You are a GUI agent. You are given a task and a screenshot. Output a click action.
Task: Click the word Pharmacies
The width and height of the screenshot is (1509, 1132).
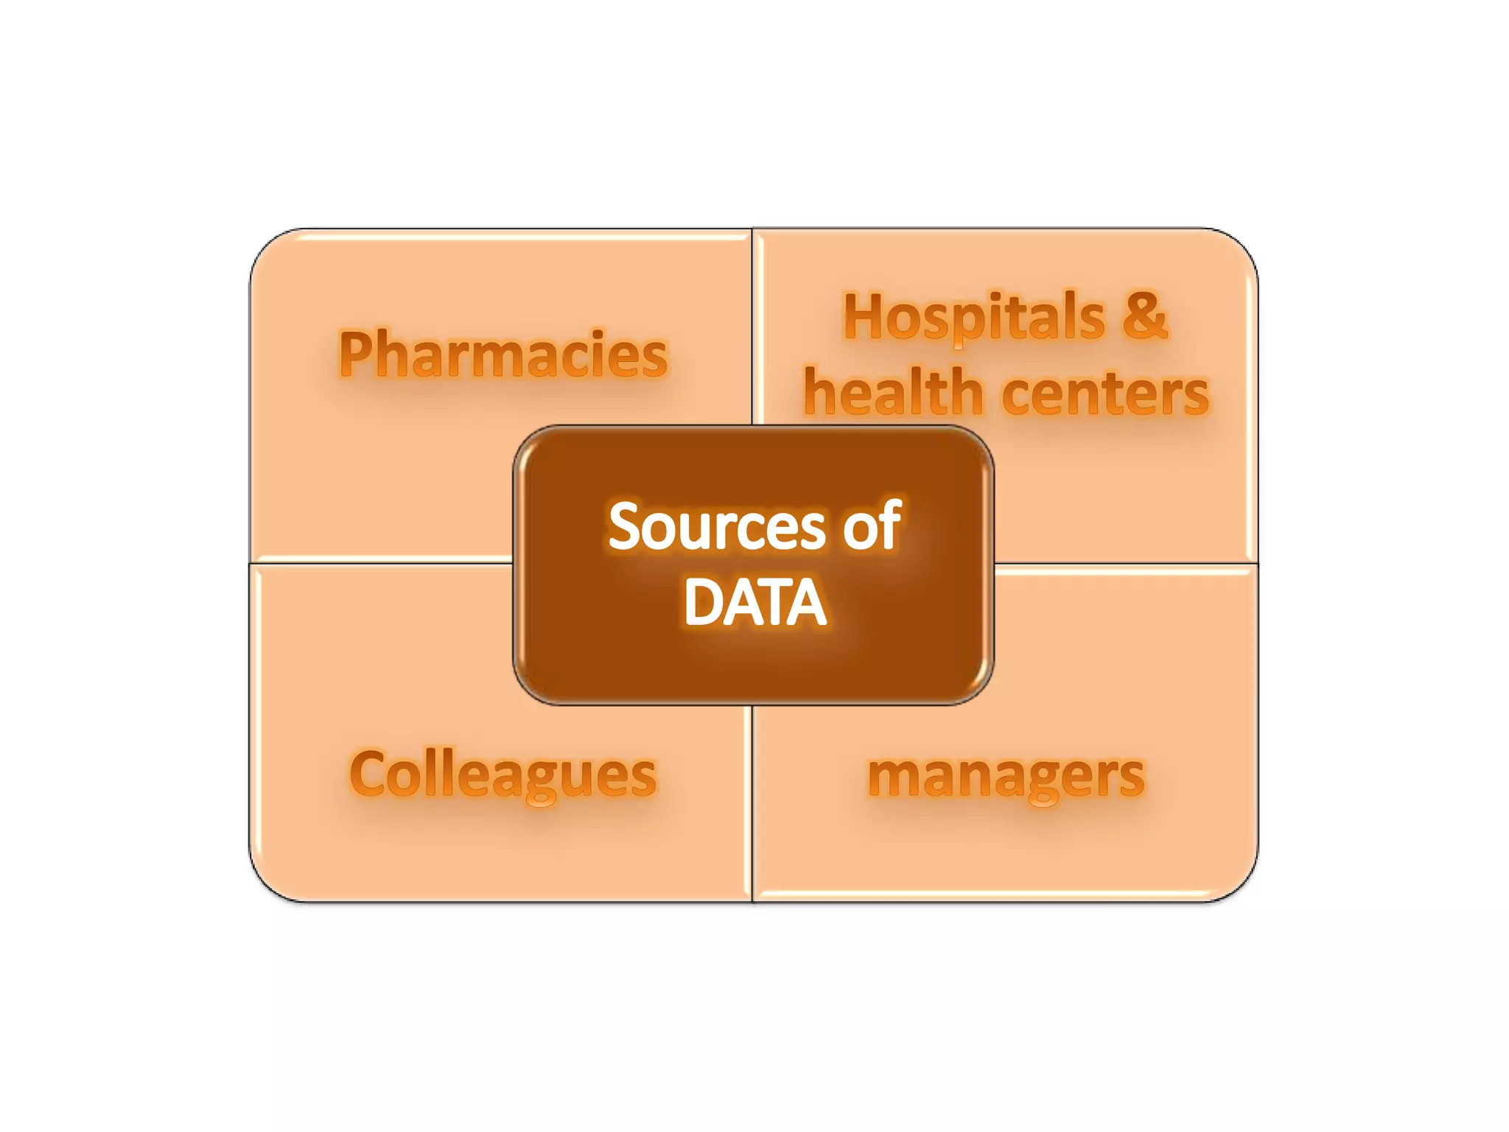tap(503, 355)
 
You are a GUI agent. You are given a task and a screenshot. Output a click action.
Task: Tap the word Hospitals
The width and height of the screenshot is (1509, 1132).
tap(974, 318)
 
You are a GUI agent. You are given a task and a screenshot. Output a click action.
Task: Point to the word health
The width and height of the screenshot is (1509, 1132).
tap(893, 392)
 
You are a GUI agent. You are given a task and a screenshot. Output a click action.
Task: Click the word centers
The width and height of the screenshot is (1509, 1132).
tap(1105, 394)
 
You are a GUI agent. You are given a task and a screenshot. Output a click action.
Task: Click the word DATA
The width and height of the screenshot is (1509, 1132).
tap(755, 602)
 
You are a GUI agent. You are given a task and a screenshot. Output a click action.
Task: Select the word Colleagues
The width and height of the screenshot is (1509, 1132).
tap(503, 775)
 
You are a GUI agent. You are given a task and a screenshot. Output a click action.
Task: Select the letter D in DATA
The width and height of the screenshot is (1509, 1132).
tap(703, 602)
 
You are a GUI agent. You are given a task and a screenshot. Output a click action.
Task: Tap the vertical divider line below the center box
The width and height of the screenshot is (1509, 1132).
tap(752, 803)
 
